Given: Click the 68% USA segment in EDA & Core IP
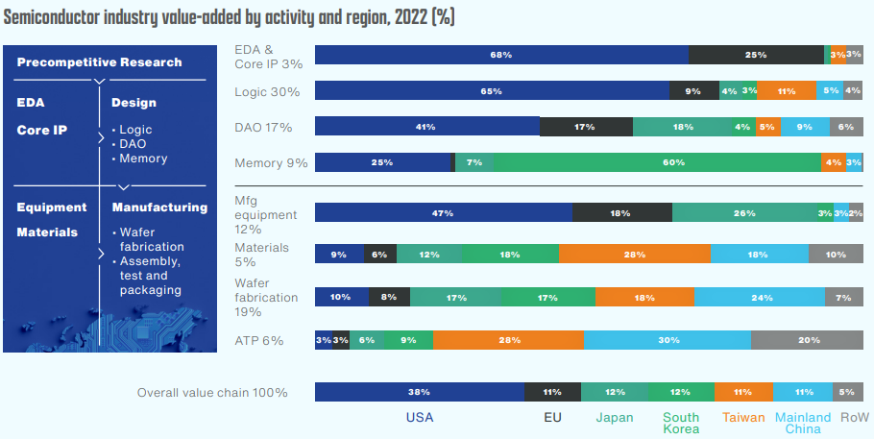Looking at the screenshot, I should pyautogui.click(x=501, y=55).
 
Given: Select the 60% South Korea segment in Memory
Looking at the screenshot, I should pyautogui.click(x=658, y=162).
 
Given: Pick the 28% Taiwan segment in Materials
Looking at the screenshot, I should pyautogui.click(x=634, y=254).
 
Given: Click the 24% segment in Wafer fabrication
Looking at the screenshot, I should pyautogui.click(x=760, y=298).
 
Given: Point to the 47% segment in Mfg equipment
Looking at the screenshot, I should pyautogui.click(x=444, y=212).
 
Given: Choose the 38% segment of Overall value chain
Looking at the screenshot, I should pyautogui.click(x=419, y=392).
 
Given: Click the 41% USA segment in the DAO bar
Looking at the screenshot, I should pyautogui.click(x=427, y=127).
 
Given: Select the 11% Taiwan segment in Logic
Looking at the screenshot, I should pyautogui.click(x=786, y=91).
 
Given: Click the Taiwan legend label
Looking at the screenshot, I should pyautogui.click(x=743, y=418).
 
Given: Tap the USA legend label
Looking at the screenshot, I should pyautogui.click(x=421, y=418).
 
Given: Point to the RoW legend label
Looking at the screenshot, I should pyautogui.click(x=854, y=418).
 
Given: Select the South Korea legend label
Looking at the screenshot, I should pyautogui.click(x=681, y=424).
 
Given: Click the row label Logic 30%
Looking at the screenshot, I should pyautogui.click(x=268, y=91).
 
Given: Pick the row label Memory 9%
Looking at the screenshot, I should pyautogui.click(x=271, y=162).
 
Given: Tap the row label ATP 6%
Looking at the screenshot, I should pyautogui.click(x=259, y=340).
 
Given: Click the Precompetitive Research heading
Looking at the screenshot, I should pyautogui.click(x=99, y=62).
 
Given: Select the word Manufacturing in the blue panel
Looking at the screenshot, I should pyautogui.click(x=159, y=207).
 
